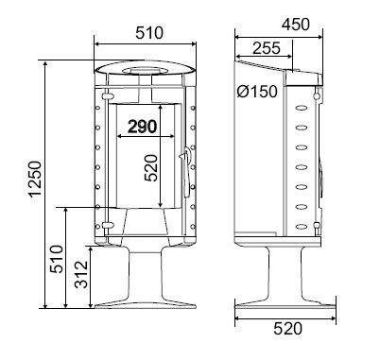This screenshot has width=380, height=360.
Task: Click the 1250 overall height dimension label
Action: click(x=35, y=179)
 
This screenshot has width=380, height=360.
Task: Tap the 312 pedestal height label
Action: click(x=81, y=274)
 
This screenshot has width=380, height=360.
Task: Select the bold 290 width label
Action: click(x=142, y=127)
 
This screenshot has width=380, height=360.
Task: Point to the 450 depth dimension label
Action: click(x=296, y=25)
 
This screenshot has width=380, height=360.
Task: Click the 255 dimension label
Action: click(x=267, y=48)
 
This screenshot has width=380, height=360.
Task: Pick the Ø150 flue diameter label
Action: click(x=257, y=92)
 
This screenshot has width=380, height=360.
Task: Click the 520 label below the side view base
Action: click(x=287, y=329)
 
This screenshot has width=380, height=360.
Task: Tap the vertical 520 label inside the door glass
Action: click(x=150, y=167)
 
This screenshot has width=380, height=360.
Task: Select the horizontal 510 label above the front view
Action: click(x=149, y=33)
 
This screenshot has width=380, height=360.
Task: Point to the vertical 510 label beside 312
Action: click(x=57, y=259)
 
